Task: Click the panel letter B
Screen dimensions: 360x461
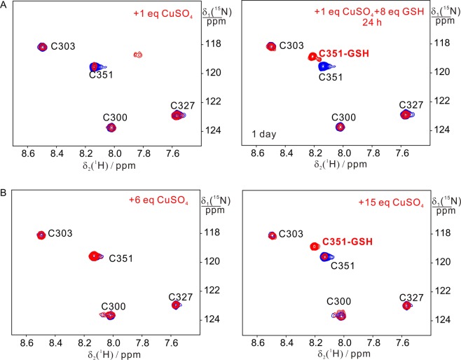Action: pos(6,183)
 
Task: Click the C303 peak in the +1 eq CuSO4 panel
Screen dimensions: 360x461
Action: pos(42,47)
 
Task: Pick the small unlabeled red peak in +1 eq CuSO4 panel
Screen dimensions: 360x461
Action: pos(138,54)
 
